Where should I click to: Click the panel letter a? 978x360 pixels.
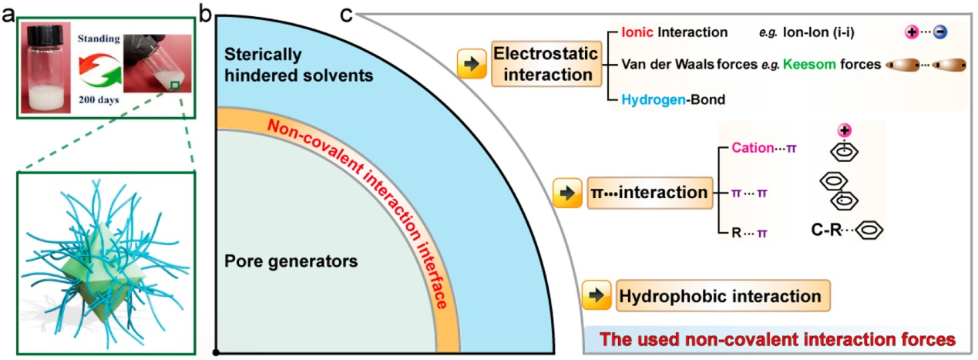(x=7, y=13)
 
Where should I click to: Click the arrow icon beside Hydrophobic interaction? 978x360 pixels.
(x=597, y=296)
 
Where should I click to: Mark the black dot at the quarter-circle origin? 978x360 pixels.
(x=217, y=353)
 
